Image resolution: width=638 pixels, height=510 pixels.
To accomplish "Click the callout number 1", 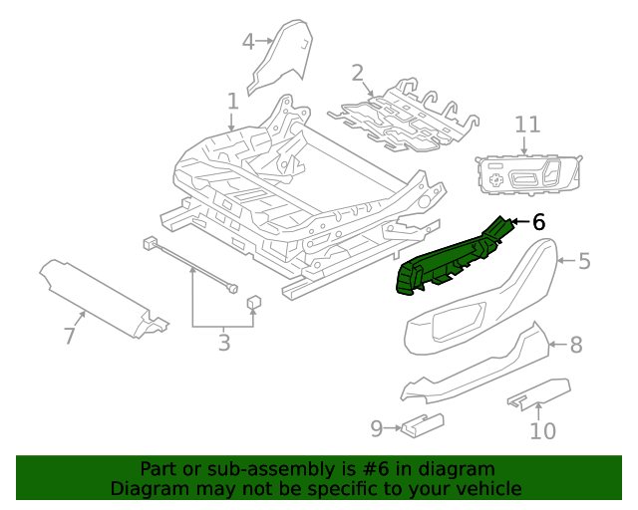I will tap(232, 102).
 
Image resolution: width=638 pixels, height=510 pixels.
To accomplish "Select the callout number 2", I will tap(357, 73).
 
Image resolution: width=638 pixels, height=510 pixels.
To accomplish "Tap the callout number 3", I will tap(223, 344).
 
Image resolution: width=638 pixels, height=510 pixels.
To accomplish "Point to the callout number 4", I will tap(248, 41).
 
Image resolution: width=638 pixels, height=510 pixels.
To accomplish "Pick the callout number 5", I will tap(584, 262).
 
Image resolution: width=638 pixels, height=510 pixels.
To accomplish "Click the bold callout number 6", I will tap(539, 222).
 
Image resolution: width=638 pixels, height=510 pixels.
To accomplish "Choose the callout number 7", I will tap(69, 337).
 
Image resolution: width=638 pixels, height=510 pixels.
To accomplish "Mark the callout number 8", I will tap(575, 346).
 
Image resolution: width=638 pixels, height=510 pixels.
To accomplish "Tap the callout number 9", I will tap(376, 428).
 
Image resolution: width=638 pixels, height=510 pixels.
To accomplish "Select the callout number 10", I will tap(542, 430).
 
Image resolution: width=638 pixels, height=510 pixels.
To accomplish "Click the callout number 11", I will tap(527, 125).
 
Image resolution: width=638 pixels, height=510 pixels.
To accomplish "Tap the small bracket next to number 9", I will tap(423, 427).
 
